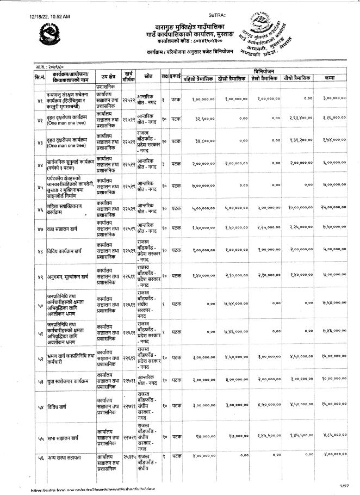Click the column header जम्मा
(x=336, y=78)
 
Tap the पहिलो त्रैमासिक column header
(x=198, y=78)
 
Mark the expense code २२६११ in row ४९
(x=129, y=276)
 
